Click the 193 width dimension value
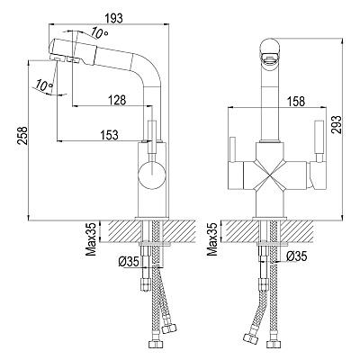(x=114, y=19)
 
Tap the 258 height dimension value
(x=22, y=136)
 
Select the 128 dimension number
(x=116, y=100)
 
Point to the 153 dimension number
(x=109, y=135)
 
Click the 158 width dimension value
(x=295, y=102)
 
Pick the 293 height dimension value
(x=337, y=124)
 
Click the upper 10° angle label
(x=100, y=33)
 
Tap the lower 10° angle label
(x=43, y=85)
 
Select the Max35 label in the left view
(x=91, y=238)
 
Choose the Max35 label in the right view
(x=212, y=238)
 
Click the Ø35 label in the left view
(x=129, y=262)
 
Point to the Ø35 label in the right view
(x=296, y=256)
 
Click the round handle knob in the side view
(x=152, y=175)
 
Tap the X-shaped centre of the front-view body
(x=270, y=175)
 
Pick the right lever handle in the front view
(x=319, y=141)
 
